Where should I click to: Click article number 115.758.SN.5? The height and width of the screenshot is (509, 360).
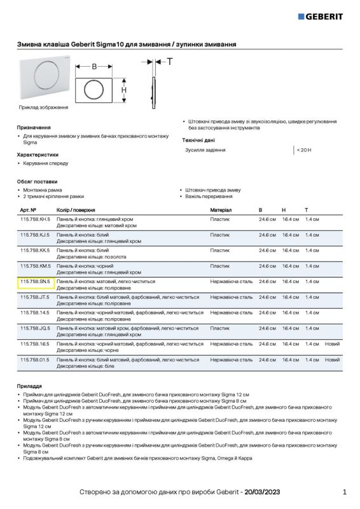tap(35, 281)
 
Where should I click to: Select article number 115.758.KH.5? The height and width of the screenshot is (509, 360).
tap(35, 219)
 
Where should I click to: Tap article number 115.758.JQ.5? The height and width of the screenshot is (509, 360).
tap(35, 328)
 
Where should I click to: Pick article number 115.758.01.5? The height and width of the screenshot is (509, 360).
tap(35, 359)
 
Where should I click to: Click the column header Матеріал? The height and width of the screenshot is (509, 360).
tap(221, 209)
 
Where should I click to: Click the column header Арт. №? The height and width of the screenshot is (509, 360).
tap(28, 209)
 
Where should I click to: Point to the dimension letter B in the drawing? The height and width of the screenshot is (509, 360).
tap(94, 66)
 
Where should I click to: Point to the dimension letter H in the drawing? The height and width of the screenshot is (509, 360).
tap(124, 90)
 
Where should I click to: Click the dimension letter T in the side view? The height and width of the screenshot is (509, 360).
tap(169, 62)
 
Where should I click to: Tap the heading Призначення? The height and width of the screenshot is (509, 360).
tap(34, 127)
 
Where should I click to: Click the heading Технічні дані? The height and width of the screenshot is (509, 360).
tap(198, 139)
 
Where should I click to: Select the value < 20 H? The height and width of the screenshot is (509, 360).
tap(304, 150)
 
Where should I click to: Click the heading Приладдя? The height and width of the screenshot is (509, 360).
tap(29, 386)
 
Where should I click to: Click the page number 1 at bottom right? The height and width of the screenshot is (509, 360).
tap(344, 492)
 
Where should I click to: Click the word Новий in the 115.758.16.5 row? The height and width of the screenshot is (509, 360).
tap(332, 344)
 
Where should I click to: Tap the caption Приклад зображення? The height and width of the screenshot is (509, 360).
tap(43, 107)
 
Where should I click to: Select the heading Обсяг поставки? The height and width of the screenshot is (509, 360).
tap(37, 181)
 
